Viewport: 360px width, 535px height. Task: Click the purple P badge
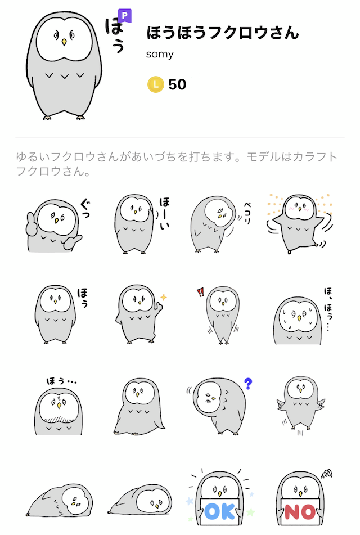click(x=124, y=16)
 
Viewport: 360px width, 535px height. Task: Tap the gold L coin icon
click(x=156, y=84)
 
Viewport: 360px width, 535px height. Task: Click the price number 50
click(x=177, y=84)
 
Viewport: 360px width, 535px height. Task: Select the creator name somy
click(x=160, y=54)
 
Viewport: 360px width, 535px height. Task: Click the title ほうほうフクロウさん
click(x=223, y=33)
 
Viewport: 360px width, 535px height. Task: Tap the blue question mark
click(x=249, y=384)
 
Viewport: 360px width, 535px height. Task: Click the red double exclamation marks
click(x=200, y=292)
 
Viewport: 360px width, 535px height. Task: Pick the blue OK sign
click(x=220, y=512)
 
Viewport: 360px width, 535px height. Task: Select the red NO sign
click(x=300, y=512)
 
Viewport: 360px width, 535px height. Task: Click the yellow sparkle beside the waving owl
click(x=164, y=297)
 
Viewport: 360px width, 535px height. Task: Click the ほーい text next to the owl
click(x=164, y=213)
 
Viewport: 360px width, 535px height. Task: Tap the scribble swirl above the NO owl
click(x=327, y=473)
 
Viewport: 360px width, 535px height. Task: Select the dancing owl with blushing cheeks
click(x=299, y=224)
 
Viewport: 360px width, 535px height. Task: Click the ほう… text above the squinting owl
click(x=61, y=381)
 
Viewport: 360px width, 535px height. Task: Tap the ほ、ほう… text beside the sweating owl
click(x=328, y=309)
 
